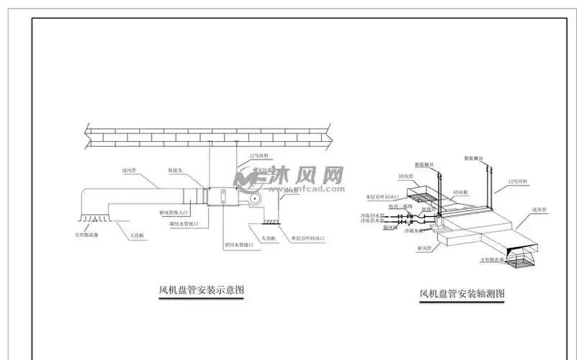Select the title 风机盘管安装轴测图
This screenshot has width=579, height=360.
tap(462, 294)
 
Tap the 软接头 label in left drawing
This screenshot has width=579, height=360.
tap(177, 171)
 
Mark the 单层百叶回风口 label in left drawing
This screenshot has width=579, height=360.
tap(310, 238)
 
